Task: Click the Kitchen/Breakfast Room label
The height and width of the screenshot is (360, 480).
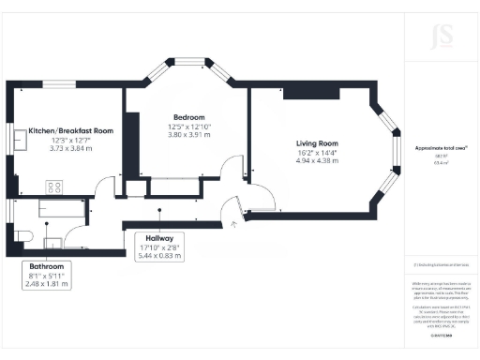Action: click(x=70, y=131)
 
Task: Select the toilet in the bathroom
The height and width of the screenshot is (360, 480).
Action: click(x=25, y=234)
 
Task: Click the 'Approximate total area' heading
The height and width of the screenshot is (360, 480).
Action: click(x=442, y=148)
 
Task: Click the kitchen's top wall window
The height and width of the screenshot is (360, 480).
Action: click(x=58, y=85)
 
